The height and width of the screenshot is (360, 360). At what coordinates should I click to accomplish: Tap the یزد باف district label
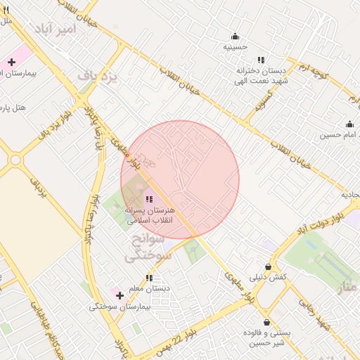(96, 74)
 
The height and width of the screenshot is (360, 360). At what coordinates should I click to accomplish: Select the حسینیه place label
(236, 46)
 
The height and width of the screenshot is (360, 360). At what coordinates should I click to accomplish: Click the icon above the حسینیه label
(236, 37)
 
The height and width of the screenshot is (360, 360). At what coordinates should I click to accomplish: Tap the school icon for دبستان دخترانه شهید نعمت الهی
(261, 60)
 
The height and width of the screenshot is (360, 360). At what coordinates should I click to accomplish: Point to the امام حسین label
(340, 134)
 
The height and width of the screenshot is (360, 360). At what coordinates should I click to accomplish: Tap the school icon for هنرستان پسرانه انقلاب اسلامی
(148, 200)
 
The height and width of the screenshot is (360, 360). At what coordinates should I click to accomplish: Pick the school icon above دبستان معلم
(148, 278)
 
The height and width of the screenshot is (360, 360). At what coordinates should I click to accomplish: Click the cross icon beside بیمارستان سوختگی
(120, 295)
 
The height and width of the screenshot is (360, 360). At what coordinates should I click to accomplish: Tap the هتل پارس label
(14, 108)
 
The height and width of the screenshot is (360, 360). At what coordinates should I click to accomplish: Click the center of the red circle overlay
(180, 180)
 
